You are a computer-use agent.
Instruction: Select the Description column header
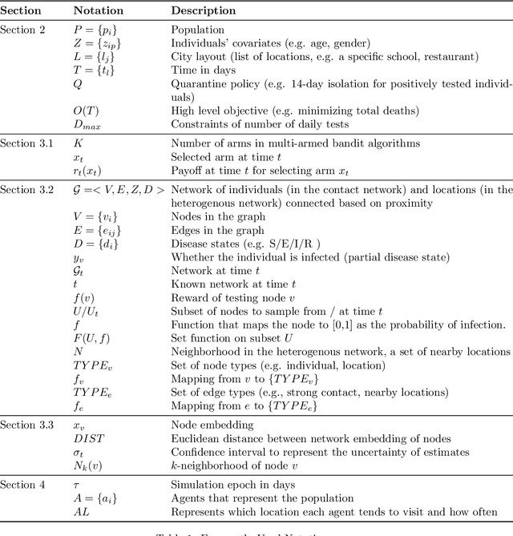tap(204, 11)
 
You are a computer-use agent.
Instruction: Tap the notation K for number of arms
tap(78, 144)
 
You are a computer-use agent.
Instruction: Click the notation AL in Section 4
tap(81, 513)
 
